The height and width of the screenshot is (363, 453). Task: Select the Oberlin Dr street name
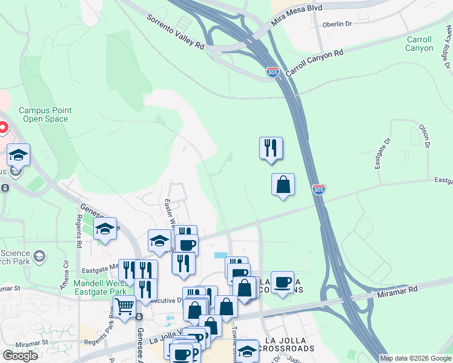click(338, 25)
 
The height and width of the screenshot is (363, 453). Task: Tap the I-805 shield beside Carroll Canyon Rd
click(273, 73)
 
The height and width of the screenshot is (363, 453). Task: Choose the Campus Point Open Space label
click(45, 114)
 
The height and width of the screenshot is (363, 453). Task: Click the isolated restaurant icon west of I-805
click(271, 148)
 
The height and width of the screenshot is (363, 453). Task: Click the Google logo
click(20, 356)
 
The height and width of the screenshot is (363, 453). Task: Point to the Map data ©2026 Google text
click(415, 358)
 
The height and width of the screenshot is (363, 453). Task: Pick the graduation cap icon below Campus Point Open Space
click(18, 155)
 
